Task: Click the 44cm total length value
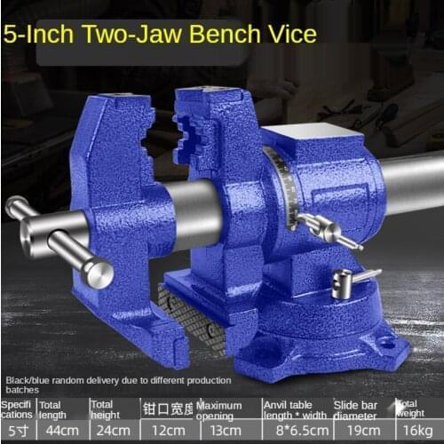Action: [59, 430]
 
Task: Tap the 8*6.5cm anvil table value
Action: [295, 430]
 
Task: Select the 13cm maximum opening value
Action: [227, 430]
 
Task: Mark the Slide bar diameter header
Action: [358, 409]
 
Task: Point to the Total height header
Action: [107, 409]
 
